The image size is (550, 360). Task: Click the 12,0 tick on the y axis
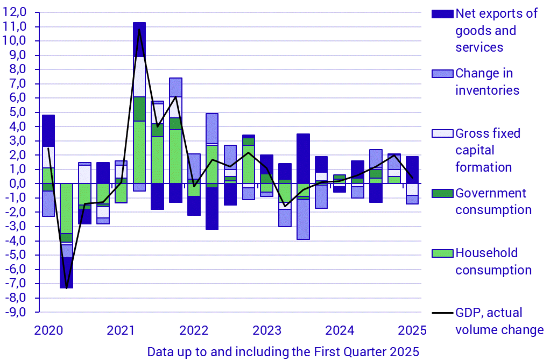point(17,12)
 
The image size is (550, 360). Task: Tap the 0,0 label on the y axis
point(18,183)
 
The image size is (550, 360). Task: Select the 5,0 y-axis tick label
point(18,112)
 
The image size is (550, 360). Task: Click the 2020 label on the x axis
point(48,329)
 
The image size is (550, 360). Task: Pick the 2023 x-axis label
point(266,329)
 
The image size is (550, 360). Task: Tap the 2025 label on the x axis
point(413,329)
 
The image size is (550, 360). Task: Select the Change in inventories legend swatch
point(439,74)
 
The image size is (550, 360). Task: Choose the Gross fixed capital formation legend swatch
point(439,133)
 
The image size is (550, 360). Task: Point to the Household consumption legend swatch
point(439,252)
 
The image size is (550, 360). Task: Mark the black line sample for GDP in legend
point(439,313)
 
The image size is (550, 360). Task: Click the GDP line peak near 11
point(139,30)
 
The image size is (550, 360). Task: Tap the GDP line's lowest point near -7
point(66,288)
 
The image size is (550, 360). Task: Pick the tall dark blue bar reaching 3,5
point(303,158)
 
